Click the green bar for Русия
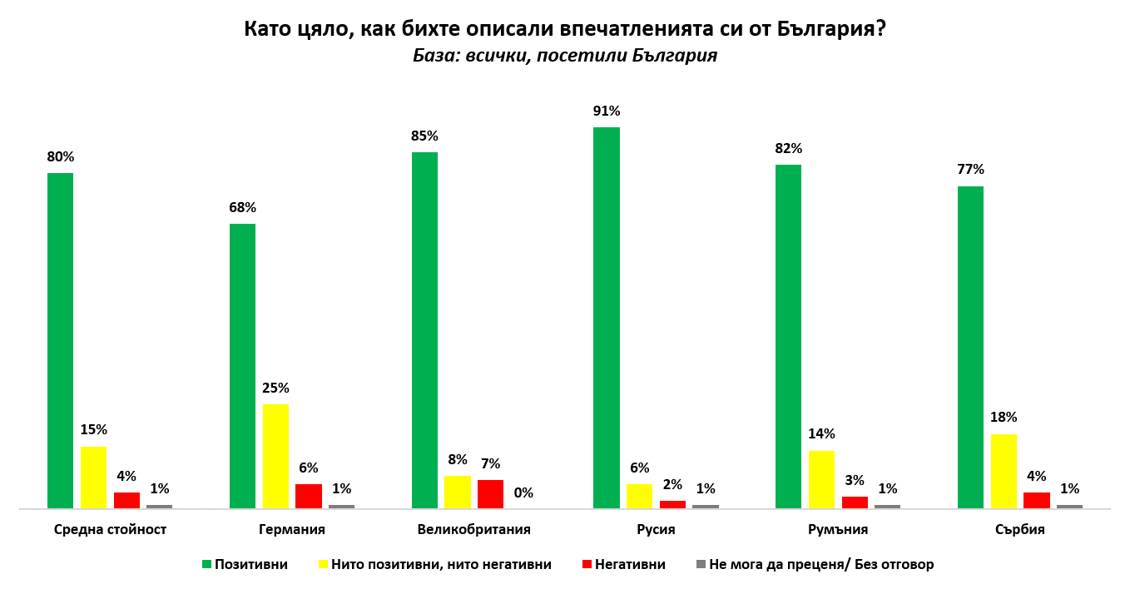point(606,317)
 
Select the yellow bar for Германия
point(275,456)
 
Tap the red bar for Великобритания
point(490,493)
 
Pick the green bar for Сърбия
point(970,347)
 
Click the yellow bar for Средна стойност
point(93,477)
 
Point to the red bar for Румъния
point(855,502)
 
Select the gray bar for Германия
point(341,506)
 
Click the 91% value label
point(606,111)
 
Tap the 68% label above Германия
point(242,208)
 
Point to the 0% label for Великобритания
point(523,493)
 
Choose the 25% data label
point(275,389)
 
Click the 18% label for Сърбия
point(1004,418)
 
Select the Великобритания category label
point(474,530)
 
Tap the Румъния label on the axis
point(838,530)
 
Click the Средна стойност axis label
point(110,530)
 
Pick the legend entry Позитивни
point(250,565)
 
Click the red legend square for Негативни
point(587,565)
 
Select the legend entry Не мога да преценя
point(820,565)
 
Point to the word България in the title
point(824,29)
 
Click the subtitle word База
point(434,57)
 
